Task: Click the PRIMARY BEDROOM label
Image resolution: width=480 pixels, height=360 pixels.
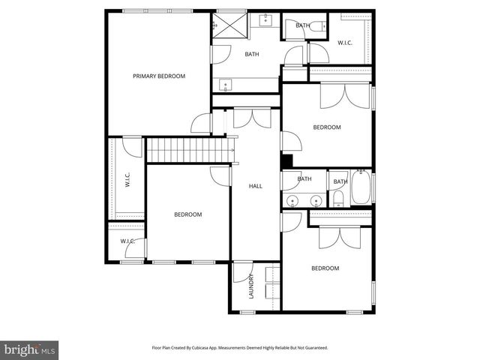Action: click(159, 76)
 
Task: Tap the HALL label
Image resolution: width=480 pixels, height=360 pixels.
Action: click(255, 186)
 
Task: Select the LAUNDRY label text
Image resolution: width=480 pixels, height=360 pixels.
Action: click(252, 286)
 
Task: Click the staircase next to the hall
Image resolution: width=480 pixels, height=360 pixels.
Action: click(188, 150)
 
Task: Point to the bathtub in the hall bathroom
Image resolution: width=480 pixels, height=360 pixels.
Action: click(361, 188)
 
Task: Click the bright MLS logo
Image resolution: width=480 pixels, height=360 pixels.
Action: click(29, 349)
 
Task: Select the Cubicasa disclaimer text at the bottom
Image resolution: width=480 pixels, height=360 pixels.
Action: click(239, 348)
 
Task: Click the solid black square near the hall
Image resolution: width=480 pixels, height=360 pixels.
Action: click(286, 161)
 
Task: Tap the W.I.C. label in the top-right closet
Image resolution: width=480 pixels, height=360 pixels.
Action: click(345, 43)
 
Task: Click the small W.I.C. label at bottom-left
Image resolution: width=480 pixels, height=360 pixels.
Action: click(127, 241)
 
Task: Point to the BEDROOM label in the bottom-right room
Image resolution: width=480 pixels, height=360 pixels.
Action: click(325, 268)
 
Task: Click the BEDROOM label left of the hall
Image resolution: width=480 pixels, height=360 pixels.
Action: click(187, 214)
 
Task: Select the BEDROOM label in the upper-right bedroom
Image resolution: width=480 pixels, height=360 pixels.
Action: click(327, 127)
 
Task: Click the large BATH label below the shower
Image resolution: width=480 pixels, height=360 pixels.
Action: click(251, 54)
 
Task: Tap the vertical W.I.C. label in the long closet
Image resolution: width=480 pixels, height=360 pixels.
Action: click(127, 181)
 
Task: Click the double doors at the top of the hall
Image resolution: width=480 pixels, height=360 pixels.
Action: click(251, 118)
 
